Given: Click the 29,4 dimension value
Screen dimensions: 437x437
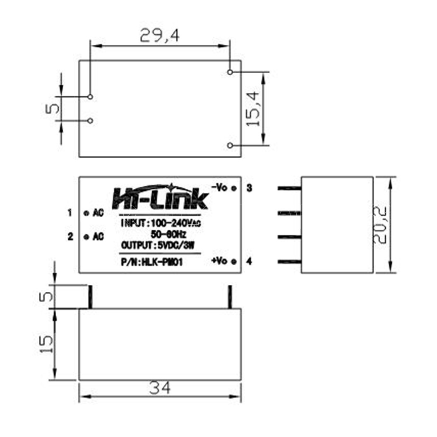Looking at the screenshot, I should pos(159,36).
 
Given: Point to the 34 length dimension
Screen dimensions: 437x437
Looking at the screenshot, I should pos(160,388).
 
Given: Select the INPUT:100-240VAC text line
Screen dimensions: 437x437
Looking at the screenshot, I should pos(161,223).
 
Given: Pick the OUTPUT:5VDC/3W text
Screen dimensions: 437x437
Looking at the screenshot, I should pos(158,245).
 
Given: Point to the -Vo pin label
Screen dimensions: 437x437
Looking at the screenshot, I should pos(219,187).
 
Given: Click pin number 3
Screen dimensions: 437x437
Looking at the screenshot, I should pos(249,188).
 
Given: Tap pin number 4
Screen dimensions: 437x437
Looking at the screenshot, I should pos(249,261).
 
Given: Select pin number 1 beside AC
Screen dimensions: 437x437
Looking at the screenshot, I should pos(70,213).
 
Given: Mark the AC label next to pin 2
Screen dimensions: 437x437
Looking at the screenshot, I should pos(98,237).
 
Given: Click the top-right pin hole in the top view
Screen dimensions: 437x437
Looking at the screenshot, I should pos(230,72).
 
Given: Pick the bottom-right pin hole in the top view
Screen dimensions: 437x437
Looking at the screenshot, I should pos(230,145).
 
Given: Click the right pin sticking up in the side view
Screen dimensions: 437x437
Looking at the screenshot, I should pos(229,297).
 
